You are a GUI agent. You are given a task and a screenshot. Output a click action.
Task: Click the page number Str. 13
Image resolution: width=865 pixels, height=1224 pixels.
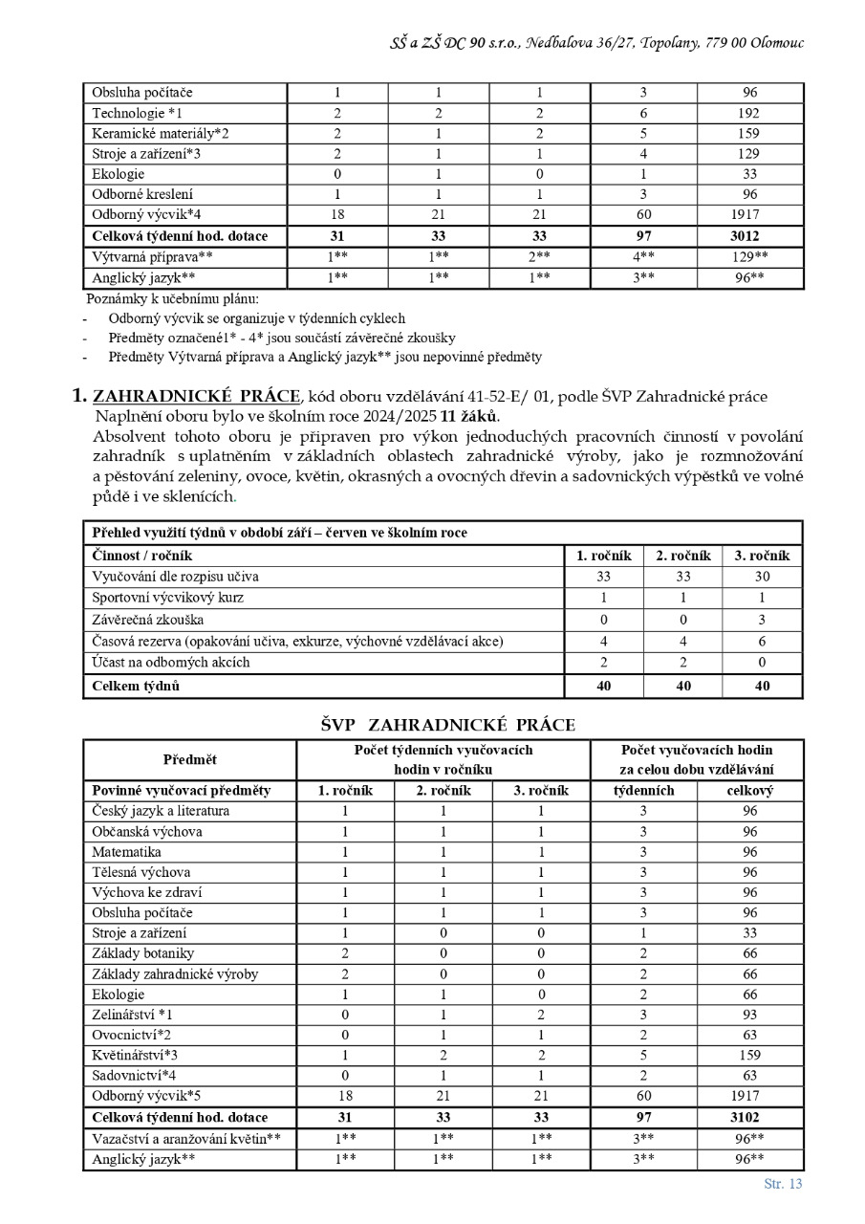783,1184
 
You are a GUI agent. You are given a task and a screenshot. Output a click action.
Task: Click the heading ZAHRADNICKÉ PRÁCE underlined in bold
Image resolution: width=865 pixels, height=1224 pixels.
196,397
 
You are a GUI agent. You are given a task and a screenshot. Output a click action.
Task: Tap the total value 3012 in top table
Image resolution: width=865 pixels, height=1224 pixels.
749,235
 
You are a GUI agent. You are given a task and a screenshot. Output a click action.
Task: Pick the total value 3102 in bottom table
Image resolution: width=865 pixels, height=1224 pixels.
749,1117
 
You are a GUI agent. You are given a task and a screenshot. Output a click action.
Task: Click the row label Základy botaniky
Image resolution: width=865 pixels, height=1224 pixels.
143,953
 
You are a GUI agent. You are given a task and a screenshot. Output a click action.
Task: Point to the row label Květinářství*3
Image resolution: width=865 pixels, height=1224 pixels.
136,1055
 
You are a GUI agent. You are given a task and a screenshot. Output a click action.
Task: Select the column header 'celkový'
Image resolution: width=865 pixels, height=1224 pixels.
749,791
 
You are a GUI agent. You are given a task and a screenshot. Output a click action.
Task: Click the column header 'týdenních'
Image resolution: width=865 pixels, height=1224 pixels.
643,791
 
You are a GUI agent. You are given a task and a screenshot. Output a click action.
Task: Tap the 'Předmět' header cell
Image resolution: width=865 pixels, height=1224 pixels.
189,760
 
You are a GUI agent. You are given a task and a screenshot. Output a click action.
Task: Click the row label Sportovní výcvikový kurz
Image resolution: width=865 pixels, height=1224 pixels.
167,598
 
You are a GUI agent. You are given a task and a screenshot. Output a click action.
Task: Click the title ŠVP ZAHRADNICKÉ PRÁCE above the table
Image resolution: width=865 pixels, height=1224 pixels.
447,725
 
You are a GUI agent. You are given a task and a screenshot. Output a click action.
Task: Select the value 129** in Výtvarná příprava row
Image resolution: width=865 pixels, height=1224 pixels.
749,256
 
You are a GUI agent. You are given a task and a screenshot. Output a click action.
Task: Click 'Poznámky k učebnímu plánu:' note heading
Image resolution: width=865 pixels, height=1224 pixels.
172,298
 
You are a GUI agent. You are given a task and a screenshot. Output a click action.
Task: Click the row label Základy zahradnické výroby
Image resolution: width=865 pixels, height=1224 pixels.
175,973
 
